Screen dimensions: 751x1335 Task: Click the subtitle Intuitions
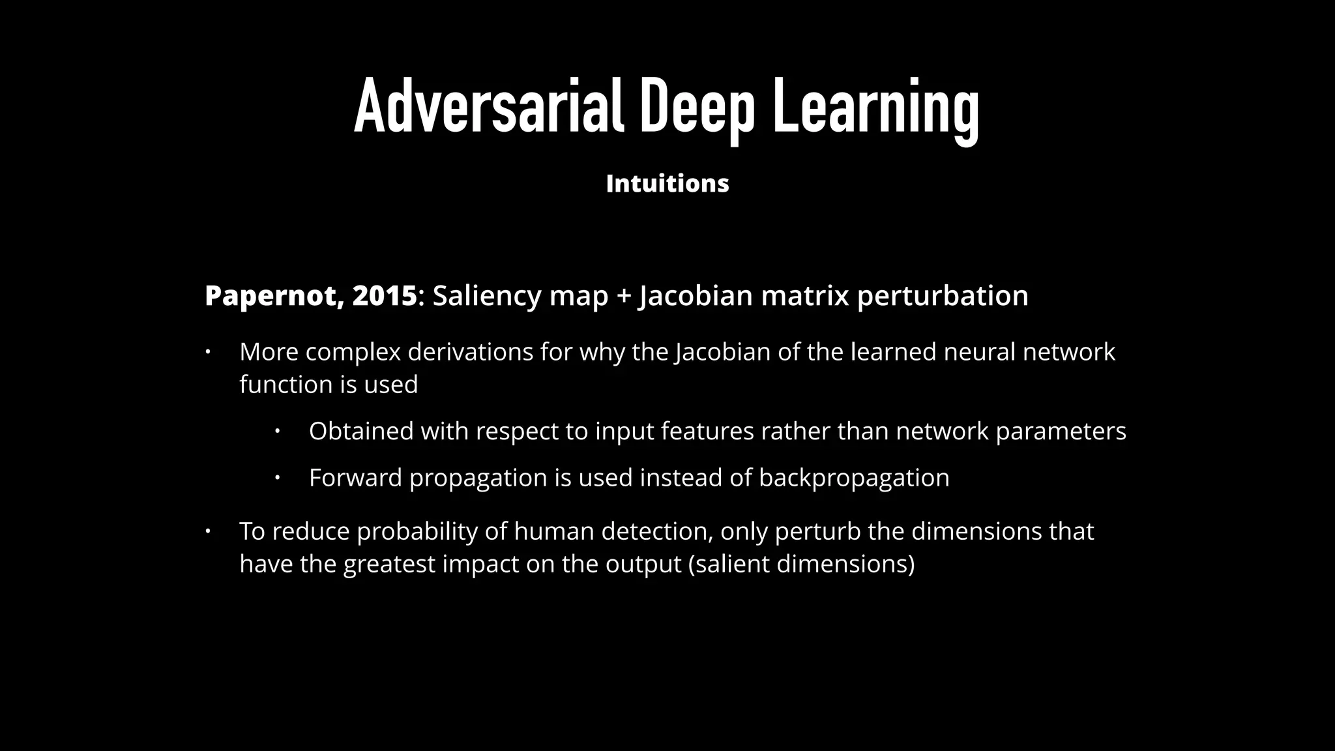point(667,184)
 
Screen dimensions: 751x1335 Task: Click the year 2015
point(384,296)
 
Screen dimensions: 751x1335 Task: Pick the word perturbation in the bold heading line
point(943,296)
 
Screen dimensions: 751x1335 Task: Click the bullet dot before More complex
point(208,352)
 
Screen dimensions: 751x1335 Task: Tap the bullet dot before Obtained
point(277,431)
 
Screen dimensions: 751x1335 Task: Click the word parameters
point(1061,432)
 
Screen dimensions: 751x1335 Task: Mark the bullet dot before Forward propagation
point(277,478)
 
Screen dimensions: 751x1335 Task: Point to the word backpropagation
point(854,479)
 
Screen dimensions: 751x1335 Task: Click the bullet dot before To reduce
point(208,531)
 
